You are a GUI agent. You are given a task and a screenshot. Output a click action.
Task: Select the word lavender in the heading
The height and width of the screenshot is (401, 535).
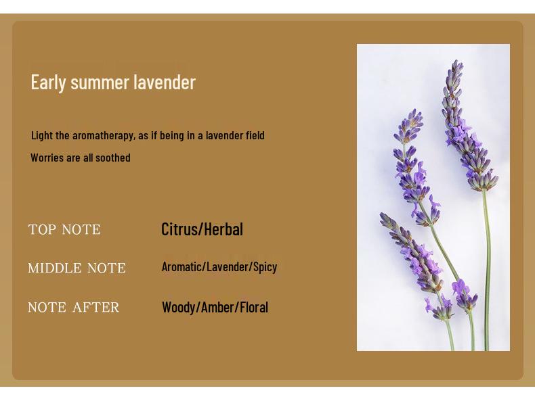pyautogui.click(x=165, y=82)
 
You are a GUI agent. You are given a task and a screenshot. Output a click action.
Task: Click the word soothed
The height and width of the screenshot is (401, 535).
pyautogui.click(x=113, y=158)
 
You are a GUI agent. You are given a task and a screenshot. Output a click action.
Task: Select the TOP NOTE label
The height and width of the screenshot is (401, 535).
pyautogui.click(x=64, y=230)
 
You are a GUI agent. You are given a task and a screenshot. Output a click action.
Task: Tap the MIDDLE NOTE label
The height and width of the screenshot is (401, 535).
pyautogui.click(x=77, y=268)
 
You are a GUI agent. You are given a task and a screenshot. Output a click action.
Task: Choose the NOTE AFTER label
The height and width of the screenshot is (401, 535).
pyautogui.click(x=74, y=307)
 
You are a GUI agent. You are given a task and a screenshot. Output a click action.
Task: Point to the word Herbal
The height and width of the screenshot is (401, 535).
pyautogui.click(x=224, y=229)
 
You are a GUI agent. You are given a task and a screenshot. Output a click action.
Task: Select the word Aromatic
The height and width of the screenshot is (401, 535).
pyautogui.click(x=181, y=266)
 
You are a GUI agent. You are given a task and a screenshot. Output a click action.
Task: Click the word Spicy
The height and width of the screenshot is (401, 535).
pyautogui.click(x=265, y=267)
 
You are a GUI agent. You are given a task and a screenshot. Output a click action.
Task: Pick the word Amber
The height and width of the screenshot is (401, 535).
pyautogui.click(x=217, y=307)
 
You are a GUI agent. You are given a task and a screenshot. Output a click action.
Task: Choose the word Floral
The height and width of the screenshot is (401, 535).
pyautogui.click(x=254, y=307)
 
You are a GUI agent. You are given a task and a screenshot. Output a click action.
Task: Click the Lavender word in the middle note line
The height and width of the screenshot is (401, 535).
pyautogui.click(x=228, y=266)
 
